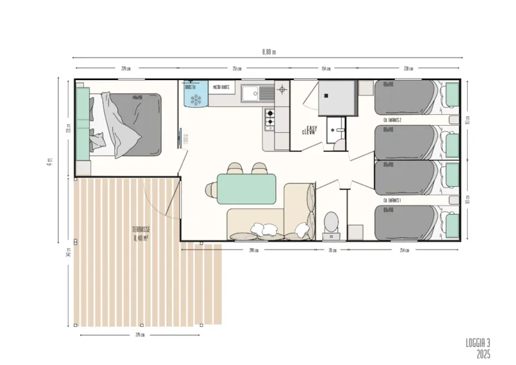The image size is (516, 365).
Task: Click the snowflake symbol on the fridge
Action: pyautogui.click(x=196, y=100)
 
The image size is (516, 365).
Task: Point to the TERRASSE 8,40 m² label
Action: pyautogui.click(x=141, y=233)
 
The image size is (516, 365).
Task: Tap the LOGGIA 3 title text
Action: pyautogui.click(x=478, y=342)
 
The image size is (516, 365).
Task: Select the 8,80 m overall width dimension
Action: pyautogui.click(x=268, y=52)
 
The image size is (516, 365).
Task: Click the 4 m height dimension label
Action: pyautogui.click(x=49, y=161)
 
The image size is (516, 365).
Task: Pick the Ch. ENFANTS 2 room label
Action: pyautogui.click(x=392, y=121)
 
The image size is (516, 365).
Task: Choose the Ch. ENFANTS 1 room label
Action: pyautogui.click(x=392, y=201)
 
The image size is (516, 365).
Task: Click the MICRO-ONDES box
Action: pyautogui.click(x=221, y=87)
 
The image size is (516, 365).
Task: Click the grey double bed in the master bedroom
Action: pyautogui.click(x=132, y=124)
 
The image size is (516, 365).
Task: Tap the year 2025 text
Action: pyautogui.click(x=484, y=354)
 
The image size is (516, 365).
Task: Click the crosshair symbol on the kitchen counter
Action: pyautogui.click(x=281, y=90)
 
